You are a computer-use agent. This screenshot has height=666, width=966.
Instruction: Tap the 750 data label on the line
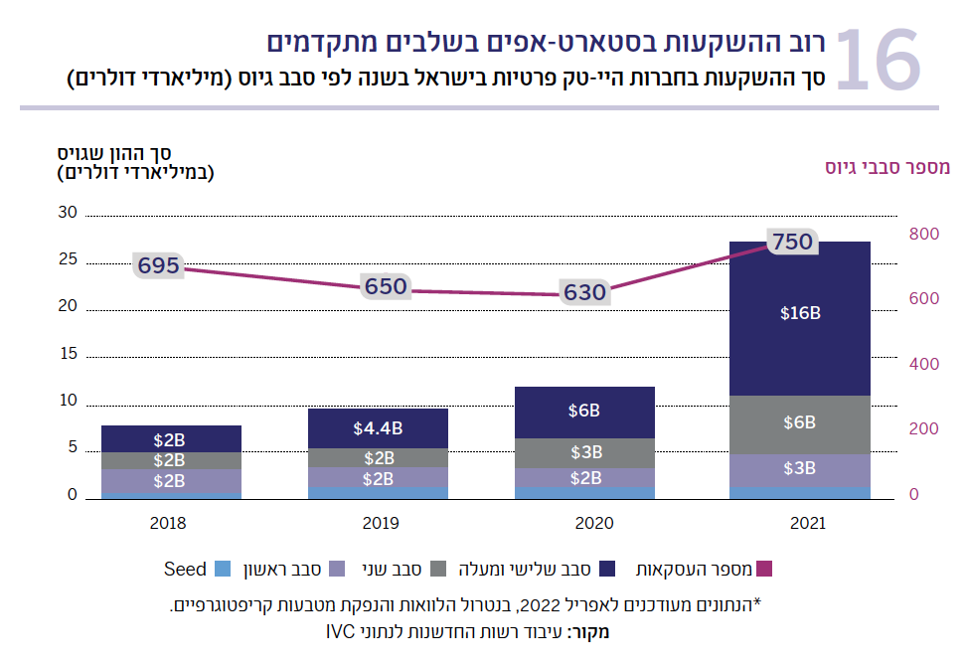pyautogui.click(x=792, y=241)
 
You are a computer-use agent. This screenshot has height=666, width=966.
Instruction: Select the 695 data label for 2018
pyautogui.click(x=159, y=265)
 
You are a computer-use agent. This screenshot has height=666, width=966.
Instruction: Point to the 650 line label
pyautogui.click(x=386, y=286)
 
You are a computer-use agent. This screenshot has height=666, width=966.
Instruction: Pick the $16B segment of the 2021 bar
pyautogui.click(x=800, y=313)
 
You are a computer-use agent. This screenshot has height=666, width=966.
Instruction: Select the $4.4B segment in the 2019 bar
pyautogui.click(x=378, y=428)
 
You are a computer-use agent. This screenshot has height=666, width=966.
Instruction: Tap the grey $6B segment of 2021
pyautogui.click(x=800, y=422)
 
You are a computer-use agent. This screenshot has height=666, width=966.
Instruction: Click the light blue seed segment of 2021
pyautogui.click(x=800, y=491)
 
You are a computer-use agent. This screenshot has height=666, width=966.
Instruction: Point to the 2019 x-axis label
pyautogui.click(x=378, y=523)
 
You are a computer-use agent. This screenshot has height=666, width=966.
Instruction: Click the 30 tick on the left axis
pyautogui.click(x=68, y=213)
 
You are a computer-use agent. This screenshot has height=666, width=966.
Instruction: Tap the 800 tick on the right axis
pyautogui.click(x=923, y=235)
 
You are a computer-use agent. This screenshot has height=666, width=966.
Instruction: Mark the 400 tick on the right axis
pyautogui.click(x=923, y=365)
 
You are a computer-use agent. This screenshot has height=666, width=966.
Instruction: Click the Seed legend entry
pyautogui.click(x=186, y=570)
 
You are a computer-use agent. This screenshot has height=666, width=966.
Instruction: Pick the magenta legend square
pyautogui.click(x=764, y=570)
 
